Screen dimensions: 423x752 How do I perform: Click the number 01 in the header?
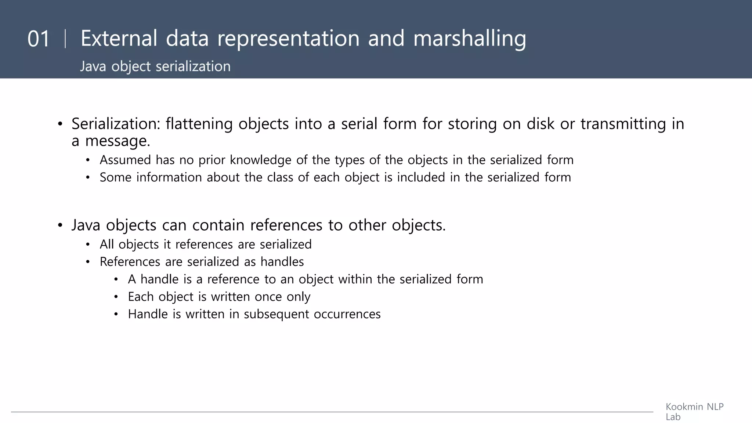(38, 39)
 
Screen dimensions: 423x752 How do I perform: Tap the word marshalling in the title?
(470, 39)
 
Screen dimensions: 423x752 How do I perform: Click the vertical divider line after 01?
(65, 39)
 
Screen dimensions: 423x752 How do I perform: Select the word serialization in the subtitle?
(193, 66)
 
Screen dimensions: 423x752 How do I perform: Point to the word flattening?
(199, 124)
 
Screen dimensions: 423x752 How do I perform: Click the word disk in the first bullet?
(540, 124)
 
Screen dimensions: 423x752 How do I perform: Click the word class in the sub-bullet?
(280, 177)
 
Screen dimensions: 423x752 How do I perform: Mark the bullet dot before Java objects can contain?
(60, 225)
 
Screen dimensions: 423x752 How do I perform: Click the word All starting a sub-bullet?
(106, 244)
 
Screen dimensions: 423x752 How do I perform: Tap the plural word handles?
(282, 262)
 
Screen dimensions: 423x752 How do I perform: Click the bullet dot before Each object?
(116, 297)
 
